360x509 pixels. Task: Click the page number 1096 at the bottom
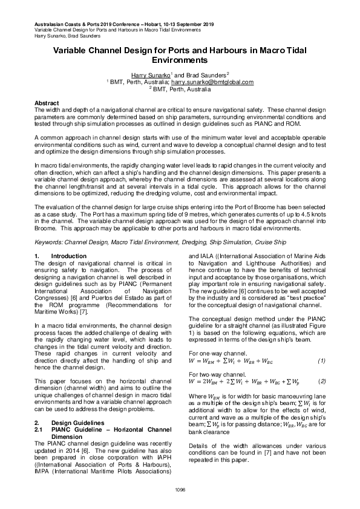pyautogui.click(x=180, y=488)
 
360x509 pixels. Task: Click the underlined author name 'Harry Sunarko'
pyautogui.click(x=149, y=74)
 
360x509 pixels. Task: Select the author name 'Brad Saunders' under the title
pyautogui.click(x=208, y=74)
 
